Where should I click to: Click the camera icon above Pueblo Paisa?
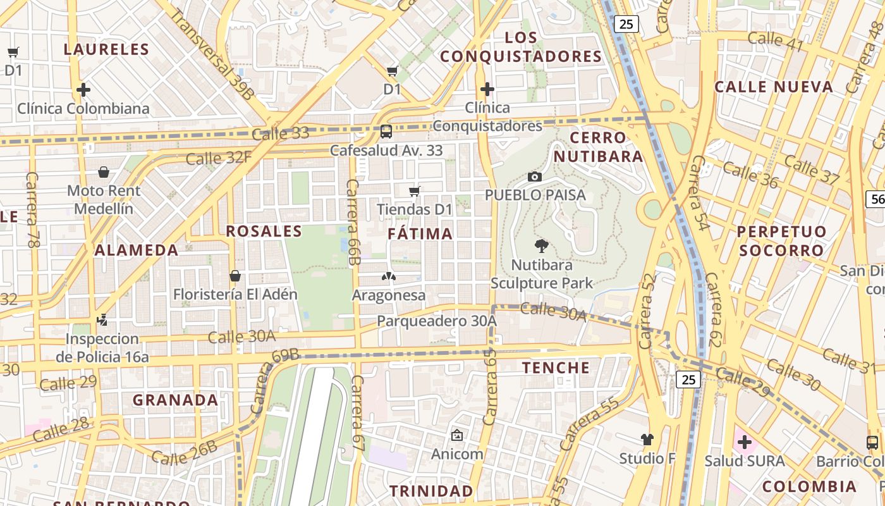coord(535,176)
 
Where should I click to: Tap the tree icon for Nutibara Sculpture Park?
coord(541,246)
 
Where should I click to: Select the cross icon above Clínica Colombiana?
coord(83,90)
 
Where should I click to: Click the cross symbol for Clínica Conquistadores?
coord(487,89)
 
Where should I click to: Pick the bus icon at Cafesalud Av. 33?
coord(386,132)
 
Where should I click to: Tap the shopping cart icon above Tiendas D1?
coord(415,191)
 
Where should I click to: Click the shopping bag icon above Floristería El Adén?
coord(235,276)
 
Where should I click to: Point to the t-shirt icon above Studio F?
coord(647,439)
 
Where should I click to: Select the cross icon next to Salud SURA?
coord(744,442)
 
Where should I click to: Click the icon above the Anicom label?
coord(456,435)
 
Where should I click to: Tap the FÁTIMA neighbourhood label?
coord(420,234)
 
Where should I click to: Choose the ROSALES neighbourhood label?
coord(264,231)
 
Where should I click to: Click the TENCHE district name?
coord(556,367)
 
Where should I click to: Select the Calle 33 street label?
coord(280,133)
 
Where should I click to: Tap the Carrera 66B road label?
coord(353,222)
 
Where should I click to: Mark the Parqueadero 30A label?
coord(437,321)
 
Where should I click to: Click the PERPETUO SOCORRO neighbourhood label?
coord(781,241)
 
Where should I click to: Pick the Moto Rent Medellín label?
coord(104,199)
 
